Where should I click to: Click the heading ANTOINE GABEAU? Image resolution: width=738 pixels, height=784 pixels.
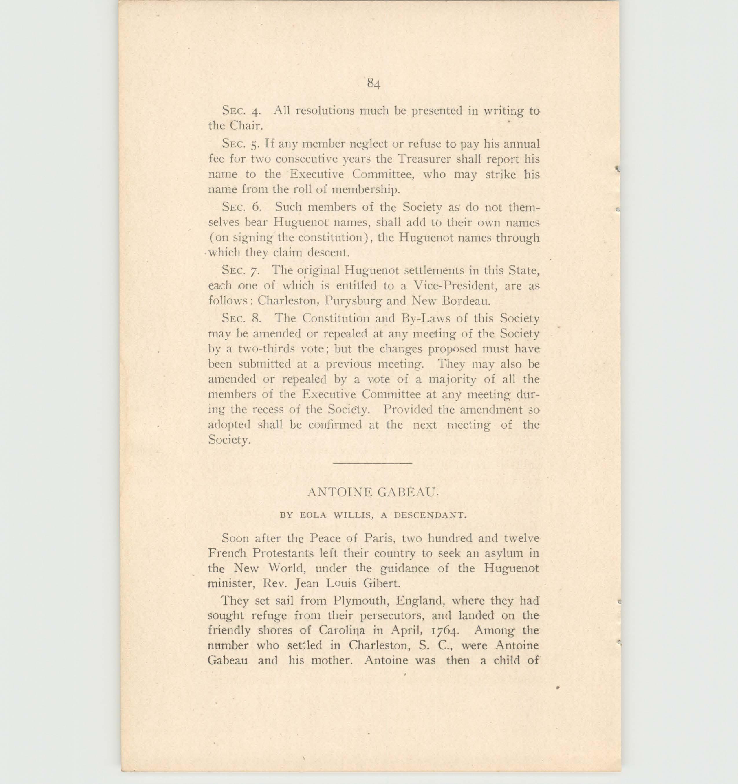tap(373, 492)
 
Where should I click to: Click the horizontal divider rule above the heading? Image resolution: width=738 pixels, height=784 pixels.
tap(373, 463)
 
